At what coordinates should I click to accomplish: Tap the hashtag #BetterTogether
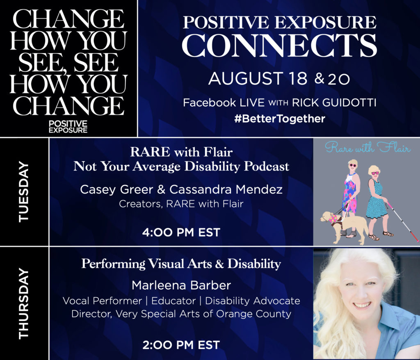point(280,118)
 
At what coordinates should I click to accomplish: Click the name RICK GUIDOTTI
point(334,103)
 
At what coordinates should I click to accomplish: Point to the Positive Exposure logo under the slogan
point(68,127)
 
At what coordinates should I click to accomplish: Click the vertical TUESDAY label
point(23,192)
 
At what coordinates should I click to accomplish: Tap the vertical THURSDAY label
point(23,303)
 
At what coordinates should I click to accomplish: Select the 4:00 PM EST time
point(181,232)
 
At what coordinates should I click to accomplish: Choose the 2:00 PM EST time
point(181,345)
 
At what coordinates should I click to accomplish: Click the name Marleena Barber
point(181,285)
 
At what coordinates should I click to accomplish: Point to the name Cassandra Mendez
point(226,190)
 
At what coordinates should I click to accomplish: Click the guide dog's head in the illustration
point(327,216)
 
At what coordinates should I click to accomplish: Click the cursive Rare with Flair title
point(367,148)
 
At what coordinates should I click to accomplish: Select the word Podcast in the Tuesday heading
point(267,166)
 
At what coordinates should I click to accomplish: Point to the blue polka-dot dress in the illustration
point(377,200)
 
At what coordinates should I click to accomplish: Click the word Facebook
point(210,103)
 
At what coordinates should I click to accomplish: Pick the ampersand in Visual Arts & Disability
point(219,264)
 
